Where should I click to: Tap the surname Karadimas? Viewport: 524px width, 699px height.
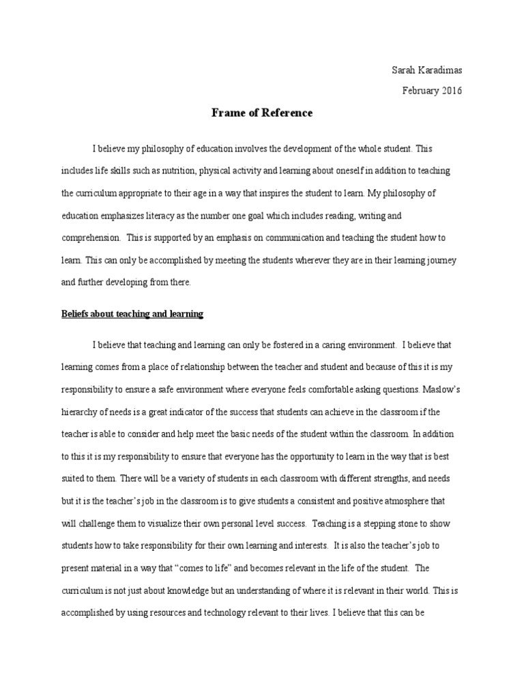click(439, 71)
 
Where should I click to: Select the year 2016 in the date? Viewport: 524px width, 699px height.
click(450, 91)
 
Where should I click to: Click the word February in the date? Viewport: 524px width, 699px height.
click(417, 91)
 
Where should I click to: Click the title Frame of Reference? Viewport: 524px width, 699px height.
click(262, 113)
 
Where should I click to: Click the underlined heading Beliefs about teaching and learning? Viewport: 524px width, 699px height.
click(132, 314)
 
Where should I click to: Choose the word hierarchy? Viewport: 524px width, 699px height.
click(80, 410)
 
